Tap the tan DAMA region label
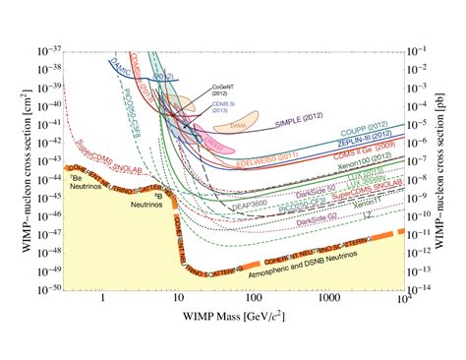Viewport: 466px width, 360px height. point(238,127)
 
